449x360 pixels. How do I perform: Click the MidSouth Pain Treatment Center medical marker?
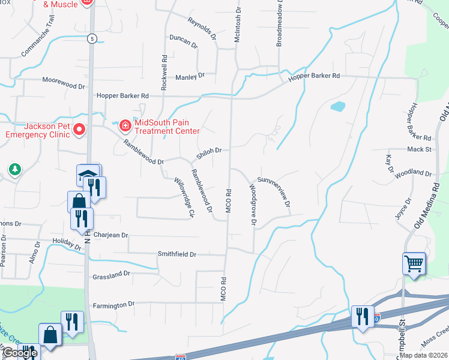[125, 125]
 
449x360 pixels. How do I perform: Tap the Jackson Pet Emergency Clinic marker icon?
[79, 129]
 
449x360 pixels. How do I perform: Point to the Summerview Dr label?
[274, 192]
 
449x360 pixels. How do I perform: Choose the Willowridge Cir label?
[184, 197]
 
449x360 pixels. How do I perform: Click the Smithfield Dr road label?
[177, 254]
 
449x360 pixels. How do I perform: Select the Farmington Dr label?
[114, 305]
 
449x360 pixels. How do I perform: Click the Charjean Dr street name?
[111, 235]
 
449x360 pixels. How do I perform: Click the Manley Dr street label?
[190, 76]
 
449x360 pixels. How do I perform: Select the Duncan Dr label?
[183, 41]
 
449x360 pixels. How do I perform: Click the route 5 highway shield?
[91, 39]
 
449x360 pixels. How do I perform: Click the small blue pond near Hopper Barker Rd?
[338, 107]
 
